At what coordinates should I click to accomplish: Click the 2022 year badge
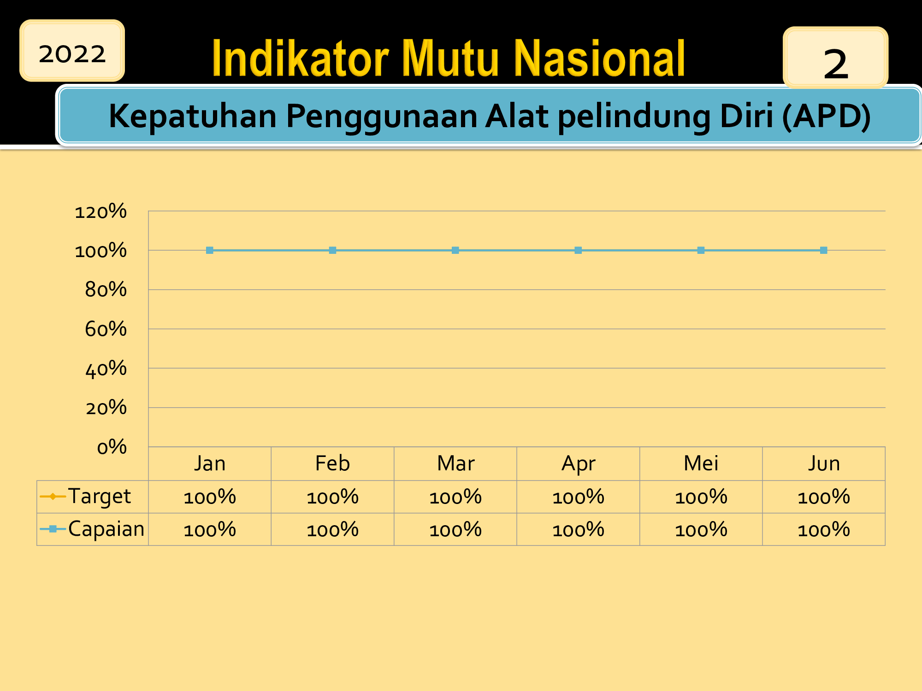[x=72, y=51]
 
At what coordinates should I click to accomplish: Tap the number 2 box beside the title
[x=835, y=58]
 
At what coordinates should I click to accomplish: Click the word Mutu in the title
[x=450, y=59]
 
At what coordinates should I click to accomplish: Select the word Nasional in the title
[x=599, y=59]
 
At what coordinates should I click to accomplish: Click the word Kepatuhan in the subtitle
[x=192, y=116]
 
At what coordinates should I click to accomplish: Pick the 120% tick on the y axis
[x=100, y=211]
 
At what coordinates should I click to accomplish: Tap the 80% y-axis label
[x=106, y=290]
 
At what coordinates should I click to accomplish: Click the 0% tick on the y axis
[x=112, y=447]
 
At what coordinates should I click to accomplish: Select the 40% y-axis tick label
[x=106, y=369]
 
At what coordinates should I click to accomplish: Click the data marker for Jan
[x=210, y=250]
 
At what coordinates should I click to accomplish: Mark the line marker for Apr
[x=578, y=250]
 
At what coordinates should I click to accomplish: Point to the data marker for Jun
[x=824, y=250]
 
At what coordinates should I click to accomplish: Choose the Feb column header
[x=332, y=463]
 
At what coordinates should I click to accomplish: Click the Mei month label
[x=701, y=463]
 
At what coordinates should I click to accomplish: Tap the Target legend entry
[x=85, y=497]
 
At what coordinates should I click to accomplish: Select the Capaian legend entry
[x=92, y=529]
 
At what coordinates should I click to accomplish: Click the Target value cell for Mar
[x=455, y=497]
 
